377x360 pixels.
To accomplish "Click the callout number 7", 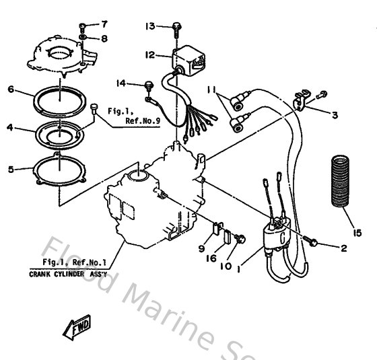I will pos(104,25).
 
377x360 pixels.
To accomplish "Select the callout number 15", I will pos(357,233).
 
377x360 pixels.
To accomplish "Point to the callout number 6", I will pos(10,89).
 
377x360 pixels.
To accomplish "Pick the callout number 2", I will pos(343,248).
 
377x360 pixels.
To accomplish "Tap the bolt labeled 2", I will pos(313,238).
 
